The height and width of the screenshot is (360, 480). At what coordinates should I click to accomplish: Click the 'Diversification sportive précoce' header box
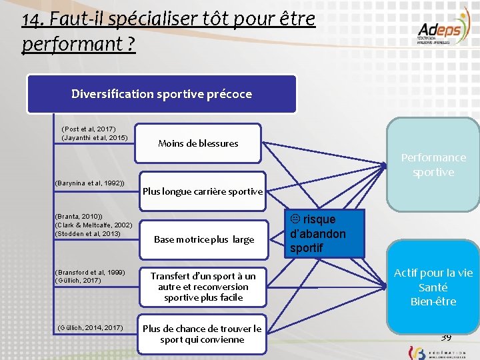(x=161, y=94)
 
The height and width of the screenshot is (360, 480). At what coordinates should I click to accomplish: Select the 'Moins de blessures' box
(x=198, y=143)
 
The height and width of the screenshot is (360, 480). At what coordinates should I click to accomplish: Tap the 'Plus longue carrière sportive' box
(x=203, y=191)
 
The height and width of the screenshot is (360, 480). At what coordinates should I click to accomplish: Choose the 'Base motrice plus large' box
(x=203, y=239)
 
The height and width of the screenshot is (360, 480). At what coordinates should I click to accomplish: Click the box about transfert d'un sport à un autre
(x=203, y=287)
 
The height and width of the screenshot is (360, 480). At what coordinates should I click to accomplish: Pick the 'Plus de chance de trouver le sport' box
(x=202, y=334)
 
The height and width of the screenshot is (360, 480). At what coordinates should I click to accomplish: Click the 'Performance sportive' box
(x=433, y=165)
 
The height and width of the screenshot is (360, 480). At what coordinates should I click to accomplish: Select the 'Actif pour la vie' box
(x=433, y=287)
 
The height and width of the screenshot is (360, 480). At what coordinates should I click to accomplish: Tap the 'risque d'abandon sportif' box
(x=325, y=233)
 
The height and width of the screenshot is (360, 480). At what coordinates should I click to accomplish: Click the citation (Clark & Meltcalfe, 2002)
(x=93, y=225)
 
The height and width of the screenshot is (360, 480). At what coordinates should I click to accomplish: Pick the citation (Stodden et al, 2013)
(x=88, y=233)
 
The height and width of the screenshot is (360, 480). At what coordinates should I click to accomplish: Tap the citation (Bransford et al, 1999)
(x=90, y=272)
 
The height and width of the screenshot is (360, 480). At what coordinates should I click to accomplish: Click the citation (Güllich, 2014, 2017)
(x=91, y=327)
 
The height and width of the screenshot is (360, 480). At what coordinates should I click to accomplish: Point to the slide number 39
(x=446, y=337)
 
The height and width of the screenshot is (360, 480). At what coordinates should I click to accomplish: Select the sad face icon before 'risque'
(x=297, y=217)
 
